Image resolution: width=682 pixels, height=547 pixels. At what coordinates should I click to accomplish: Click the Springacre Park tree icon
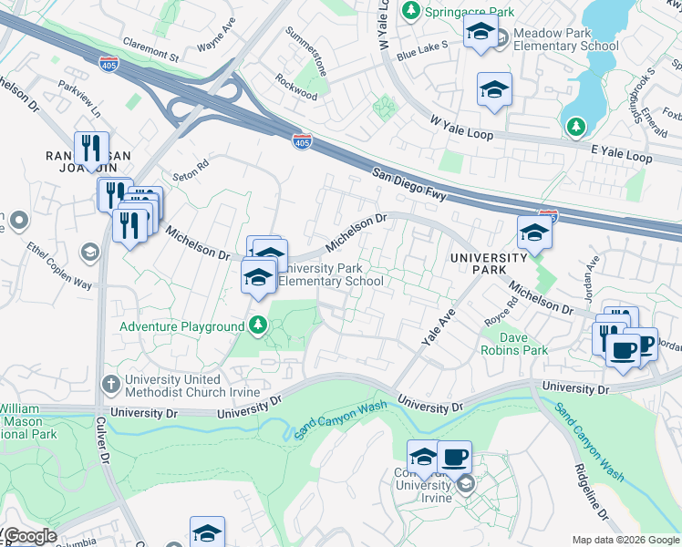pos(411,11)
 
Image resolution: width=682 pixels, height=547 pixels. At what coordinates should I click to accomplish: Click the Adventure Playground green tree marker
pos(259,325)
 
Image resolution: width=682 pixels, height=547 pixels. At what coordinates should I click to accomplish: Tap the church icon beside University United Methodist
pos(110,383)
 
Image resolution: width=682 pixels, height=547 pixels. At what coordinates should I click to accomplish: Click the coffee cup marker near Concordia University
pos(454,458)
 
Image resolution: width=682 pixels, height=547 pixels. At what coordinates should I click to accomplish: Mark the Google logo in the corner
pos(29,536)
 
